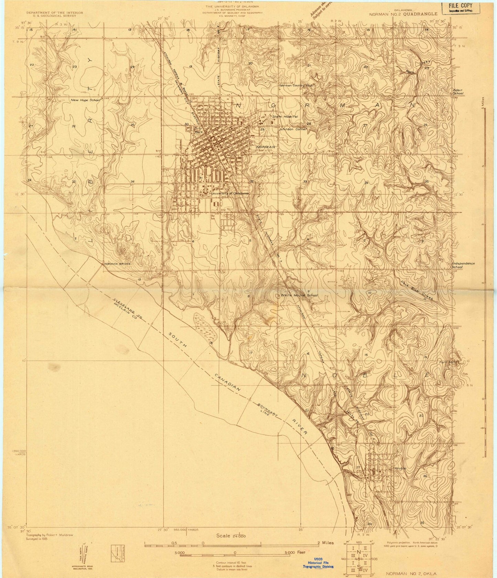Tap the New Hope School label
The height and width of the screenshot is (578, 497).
[x=85, y=100]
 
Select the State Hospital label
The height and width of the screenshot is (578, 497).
[x=285, y=116]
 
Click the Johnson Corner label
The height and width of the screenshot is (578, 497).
[x=293, y=129]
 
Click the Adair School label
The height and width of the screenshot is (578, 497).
[x=458, y=91]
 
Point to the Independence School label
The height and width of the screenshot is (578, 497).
[x=463, y=265]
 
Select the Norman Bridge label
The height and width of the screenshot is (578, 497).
[x=117, y=264]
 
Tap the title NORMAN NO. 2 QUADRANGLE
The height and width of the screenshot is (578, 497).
[x=403, y=14]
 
